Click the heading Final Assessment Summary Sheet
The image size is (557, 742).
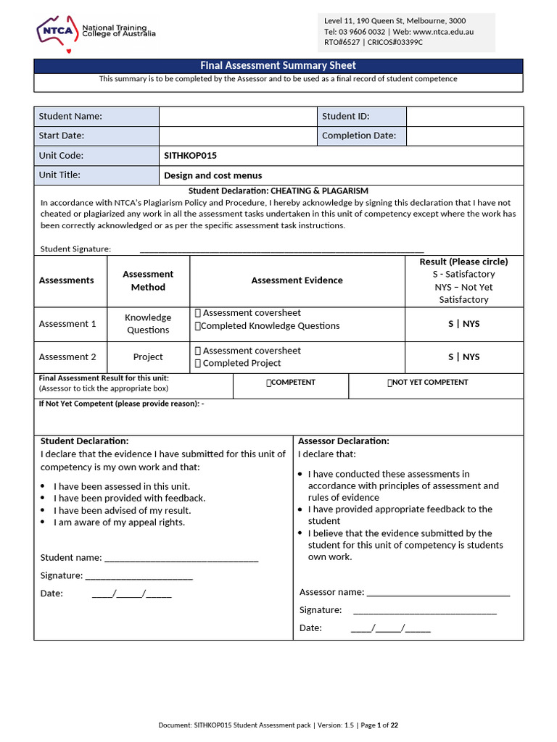[278, 66]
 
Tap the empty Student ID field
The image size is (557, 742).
[464, 116]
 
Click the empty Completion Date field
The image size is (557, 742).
[464, 136]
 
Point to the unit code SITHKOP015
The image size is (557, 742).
[191, 156]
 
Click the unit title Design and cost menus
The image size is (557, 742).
[213, 175]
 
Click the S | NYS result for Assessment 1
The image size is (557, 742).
[463, 324]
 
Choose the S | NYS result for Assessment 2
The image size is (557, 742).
[463, 357]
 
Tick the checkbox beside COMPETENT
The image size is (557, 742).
[269, 383]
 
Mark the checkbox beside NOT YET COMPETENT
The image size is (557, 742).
[390, 383]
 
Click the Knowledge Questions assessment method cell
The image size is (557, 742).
[148, 324]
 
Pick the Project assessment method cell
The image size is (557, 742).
[148, 357]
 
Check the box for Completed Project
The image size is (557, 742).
[198, 363]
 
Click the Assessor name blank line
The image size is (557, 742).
[438, 592]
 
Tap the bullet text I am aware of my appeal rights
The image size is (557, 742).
[119, 522]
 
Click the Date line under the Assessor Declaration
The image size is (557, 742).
[390, 628]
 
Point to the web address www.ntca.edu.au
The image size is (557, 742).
[443, 32]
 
